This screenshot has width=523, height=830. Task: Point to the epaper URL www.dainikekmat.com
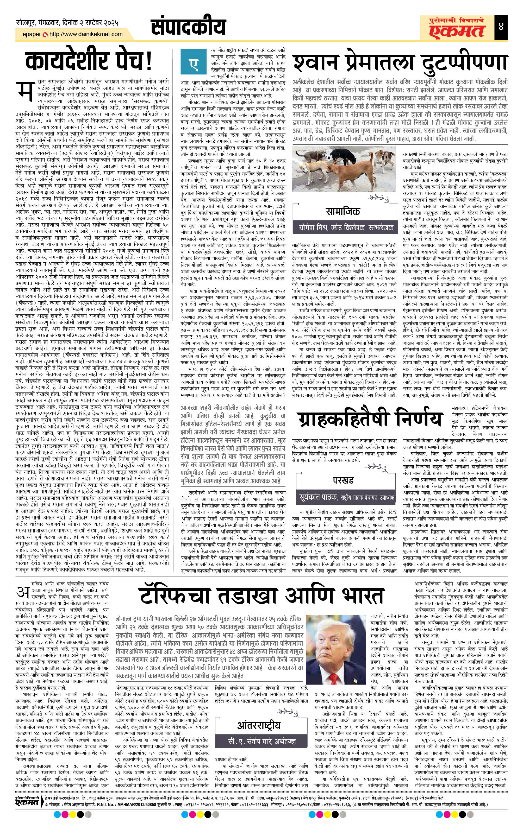click(x=85, y=34)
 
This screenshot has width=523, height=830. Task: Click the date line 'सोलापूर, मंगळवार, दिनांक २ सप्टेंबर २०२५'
click(x=67, y=24)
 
